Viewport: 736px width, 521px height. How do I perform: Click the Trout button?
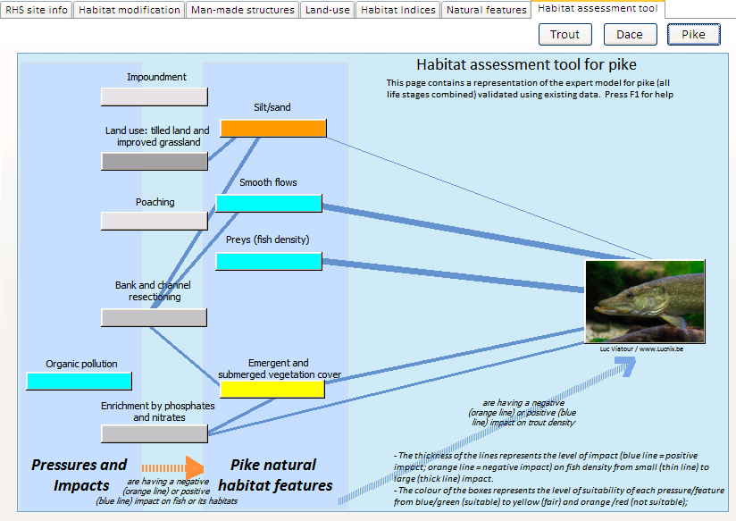pos(565,34)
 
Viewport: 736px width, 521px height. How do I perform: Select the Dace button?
pos(630,34)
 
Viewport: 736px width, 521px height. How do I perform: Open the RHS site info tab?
pos(37,10)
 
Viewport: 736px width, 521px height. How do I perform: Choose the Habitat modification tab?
pos(130,10)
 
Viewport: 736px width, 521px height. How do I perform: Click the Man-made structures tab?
pos(243,10)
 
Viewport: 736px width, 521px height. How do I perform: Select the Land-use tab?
pos(327,10)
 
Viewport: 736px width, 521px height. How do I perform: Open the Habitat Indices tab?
pos(398,10)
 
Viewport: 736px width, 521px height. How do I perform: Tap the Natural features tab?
pos(486,10)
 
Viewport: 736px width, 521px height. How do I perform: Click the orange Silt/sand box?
pos(273,129)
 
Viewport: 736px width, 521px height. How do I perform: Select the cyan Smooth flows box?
pos(269,204)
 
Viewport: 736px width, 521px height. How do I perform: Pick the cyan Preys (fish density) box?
pos(269,261)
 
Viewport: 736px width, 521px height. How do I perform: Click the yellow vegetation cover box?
pos(272,390)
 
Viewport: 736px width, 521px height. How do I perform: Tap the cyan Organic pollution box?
pos(79,381)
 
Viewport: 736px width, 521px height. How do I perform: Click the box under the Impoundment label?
pos(155,97)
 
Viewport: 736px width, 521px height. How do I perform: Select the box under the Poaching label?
pos(155,221)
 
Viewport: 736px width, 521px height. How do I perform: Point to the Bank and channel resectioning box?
pos(154,317)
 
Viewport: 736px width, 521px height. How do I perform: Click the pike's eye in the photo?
pos(630,295)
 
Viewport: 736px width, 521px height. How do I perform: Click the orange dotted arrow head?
pos(195,468)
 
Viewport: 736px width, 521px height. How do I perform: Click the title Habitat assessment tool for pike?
pos(526,64)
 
